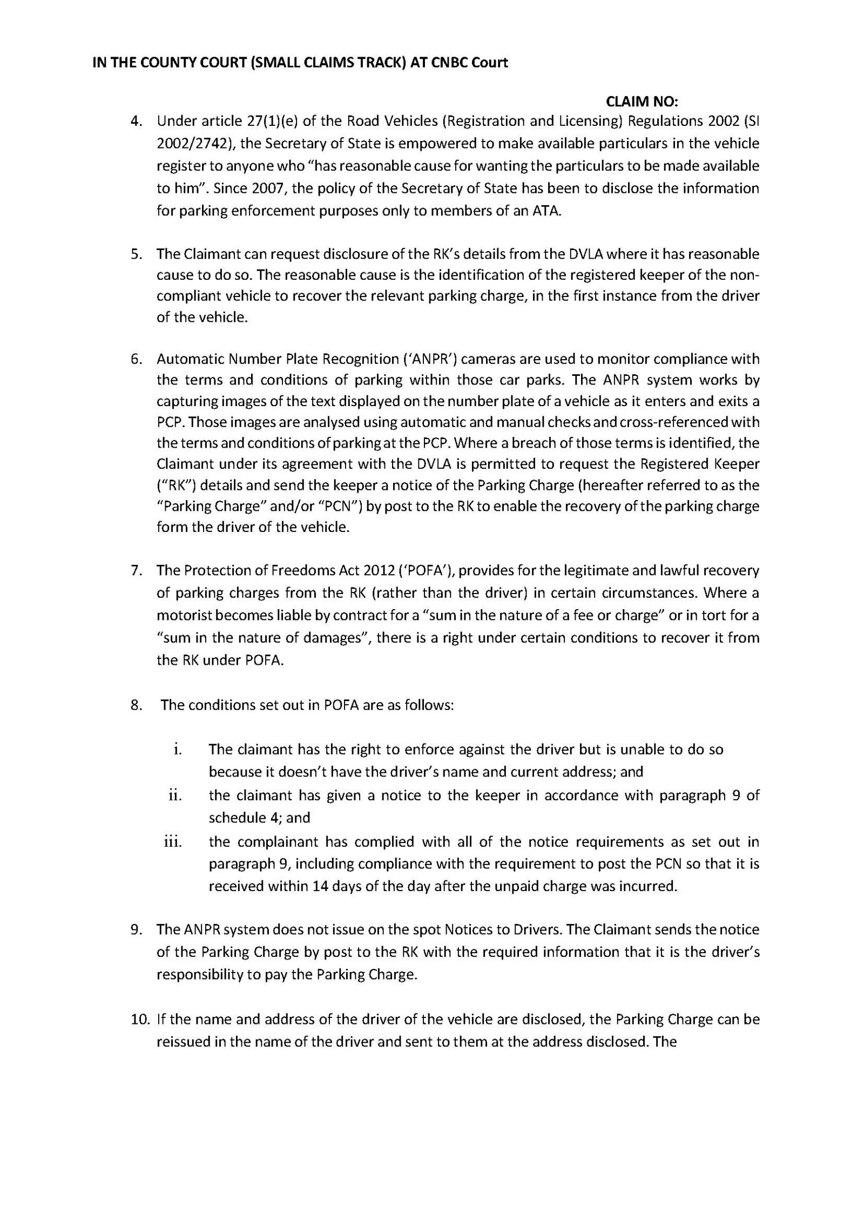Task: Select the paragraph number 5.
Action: [x=137, y=254]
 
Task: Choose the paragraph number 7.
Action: [x=137, y=570]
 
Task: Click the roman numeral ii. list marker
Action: [x=174, y=795]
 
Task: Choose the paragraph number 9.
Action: [x=137, y=929]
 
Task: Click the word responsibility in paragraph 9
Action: [x=197, y=974]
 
